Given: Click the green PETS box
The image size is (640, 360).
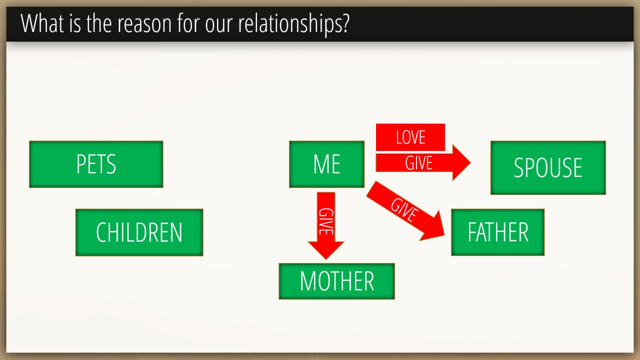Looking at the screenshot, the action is [x=96, y=164].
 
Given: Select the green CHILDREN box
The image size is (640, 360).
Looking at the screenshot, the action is [x=139, y=232].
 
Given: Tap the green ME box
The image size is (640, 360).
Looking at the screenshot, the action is [x=327, y=164].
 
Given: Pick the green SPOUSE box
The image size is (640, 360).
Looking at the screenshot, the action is [x=548, y=167].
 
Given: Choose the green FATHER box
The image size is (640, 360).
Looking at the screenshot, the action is [x=497, y=232].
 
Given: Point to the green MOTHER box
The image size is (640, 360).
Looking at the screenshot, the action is [x=337, y=281].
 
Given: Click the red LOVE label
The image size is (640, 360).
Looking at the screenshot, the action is [x=410, y=137].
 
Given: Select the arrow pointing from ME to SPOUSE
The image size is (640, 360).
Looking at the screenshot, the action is [x=423, y=163].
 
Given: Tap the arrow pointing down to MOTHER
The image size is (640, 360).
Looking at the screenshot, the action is [x=326, y=225].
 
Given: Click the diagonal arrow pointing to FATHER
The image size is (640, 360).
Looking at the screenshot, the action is [x=405, y=211].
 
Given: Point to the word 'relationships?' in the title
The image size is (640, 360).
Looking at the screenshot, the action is [x=293, y=24].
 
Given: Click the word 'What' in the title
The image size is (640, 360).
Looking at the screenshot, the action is [x=42, y=23].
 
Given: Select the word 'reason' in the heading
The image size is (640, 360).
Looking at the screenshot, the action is [x=144, y=24].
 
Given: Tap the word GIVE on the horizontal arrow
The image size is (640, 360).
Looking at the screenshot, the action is [x=419, y=163].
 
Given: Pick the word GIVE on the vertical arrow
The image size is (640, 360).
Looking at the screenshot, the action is [x=326, y=221].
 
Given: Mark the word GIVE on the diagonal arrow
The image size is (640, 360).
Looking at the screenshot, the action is [x=404, y=210].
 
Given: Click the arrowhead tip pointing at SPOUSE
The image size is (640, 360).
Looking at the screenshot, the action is [x=470, y=163].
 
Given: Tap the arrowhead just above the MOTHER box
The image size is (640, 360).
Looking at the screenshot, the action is [x=326, y=250].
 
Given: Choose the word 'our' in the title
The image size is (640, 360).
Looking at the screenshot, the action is [x=218, y=24].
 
